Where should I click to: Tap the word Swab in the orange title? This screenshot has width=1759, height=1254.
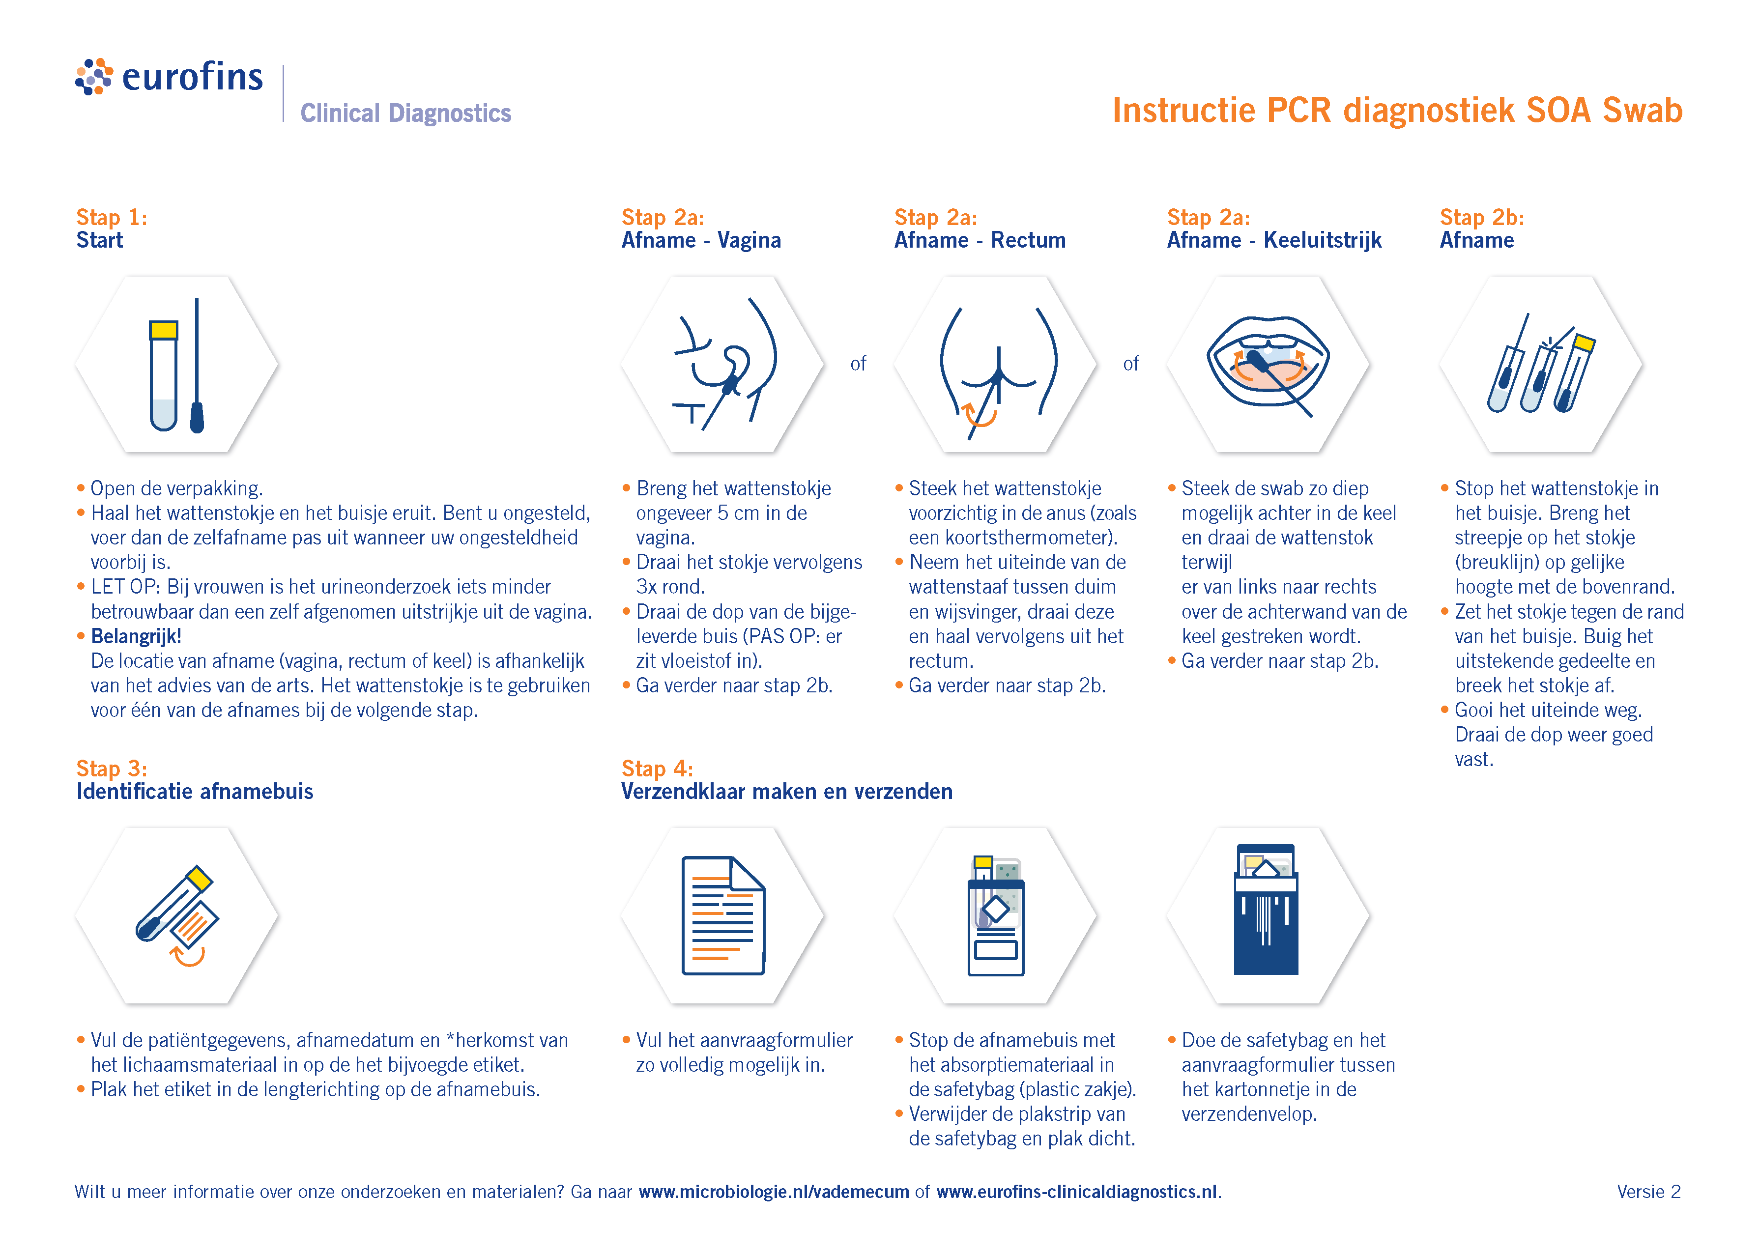click(1642, 111)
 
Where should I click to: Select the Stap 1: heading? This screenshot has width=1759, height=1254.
click(111, 217)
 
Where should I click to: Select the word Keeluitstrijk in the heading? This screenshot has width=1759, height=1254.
click(1322, 240)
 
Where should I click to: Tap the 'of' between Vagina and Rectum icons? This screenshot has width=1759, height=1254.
click(858, 364)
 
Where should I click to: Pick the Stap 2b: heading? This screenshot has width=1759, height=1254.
click(1481, 217)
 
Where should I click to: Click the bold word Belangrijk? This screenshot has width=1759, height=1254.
click(136, 636)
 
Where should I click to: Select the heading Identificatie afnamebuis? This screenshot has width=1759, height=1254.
click(195, 792)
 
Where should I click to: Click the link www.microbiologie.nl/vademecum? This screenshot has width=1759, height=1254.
click(773, 1192)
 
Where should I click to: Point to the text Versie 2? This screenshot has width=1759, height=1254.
click(1648, 1192)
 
